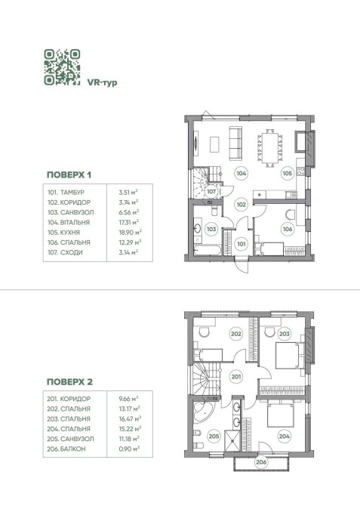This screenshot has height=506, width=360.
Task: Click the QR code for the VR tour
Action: tap(62, 67)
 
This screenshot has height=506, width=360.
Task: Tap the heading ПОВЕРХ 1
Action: tap(69, 175)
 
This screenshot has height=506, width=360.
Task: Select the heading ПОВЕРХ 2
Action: tap(69, 382)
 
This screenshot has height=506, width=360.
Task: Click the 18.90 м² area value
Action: tap(130, 233)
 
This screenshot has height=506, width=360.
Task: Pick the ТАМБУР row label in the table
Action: tap(72, 193)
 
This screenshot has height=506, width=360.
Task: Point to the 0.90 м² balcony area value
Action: tap(129, 449)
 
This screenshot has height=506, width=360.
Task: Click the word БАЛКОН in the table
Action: tap(73, 449)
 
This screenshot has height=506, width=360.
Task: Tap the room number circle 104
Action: tap(242, 173)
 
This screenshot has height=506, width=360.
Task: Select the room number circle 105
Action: tap(287, 173)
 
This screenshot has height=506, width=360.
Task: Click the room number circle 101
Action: tap(242, 244)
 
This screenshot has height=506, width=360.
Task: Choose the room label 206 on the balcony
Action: tap(261, 462)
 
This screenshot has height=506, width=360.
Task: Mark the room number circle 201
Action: tap(236, 377)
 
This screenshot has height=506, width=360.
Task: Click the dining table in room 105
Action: tap(270, 148)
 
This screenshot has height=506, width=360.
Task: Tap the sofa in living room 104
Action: tap(235, 143)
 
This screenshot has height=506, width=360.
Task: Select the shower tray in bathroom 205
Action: tap(232, 440)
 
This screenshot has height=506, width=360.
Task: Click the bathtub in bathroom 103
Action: tap(208, 251)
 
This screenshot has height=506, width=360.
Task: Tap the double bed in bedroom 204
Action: tap(280, 414)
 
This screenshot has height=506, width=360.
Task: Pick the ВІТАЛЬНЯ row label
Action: tap(75, 222)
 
